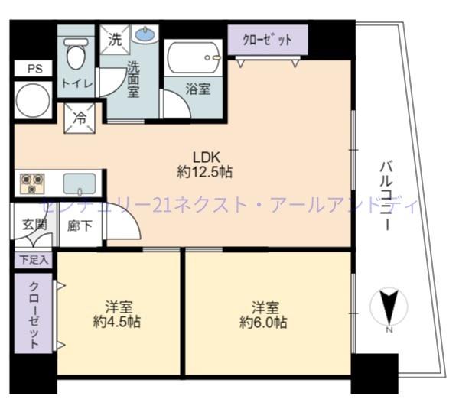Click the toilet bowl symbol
click(76, 54)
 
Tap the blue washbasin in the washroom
click(145, 34)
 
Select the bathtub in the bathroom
click(194, 57)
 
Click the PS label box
click(34, 69)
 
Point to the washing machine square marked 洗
click(115, 40)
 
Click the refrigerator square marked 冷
click(80, 118)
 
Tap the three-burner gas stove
click(32, 184)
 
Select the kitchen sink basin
click(80, 184)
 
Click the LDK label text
click(207, 157)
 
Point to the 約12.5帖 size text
click(205, 172)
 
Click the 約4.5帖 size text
click(117, 322)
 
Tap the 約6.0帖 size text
click(263, 322)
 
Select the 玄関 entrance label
click(34, 225)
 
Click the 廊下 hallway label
click(80, 226)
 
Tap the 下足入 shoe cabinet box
click(34, 260)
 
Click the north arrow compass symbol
click(389, 307)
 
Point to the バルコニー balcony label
click(386, 196)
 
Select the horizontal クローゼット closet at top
click(268, 40)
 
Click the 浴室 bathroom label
click(198, 89)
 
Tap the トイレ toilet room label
click(77, 84)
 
